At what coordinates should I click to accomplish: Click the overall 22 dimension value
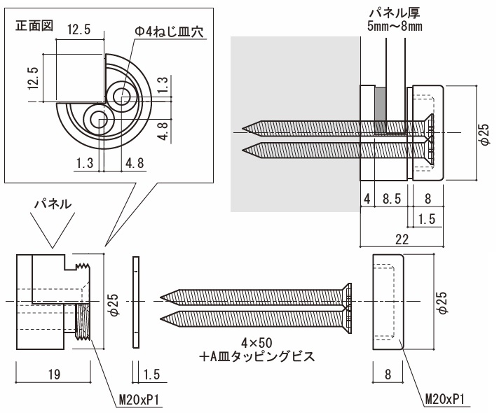click(x=402, y=239)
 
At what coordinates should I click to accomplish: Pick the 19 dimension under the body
click(x=53, y=375)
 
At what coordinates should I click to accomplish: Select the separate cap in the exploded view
click(x=388, y=301)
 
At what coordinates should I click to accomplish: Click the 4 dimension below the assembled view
click(x=366, y=198)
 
